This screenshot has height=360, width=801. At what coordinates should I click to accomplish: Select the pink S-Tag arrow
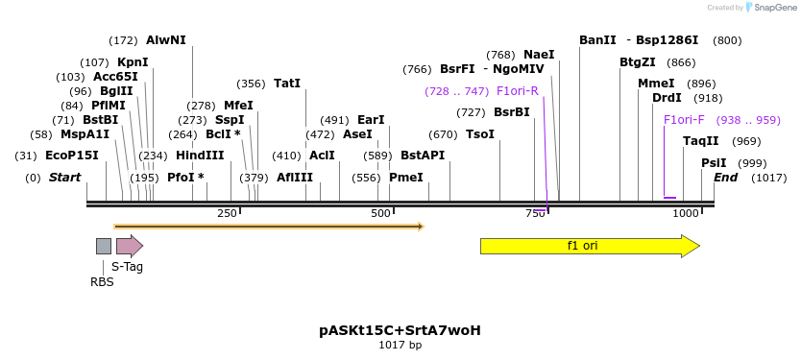(129, 246)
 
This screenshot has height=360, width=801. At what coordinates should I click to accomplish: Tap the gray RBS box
(103, 246)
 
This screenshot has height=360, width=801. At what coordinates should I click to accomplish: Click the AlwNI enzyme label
(165, 40)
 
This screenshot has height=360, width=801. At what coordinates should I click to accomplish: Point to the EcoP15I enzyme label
(71, 156)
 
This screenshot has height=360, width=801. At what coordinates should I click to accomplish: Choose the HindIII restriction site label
(200, 156)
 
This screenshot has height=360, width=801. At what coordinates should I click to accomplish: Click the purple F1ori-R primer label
(517, 91)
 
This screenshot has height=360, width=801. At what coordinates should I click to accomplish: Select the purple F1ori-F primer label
(684, 120)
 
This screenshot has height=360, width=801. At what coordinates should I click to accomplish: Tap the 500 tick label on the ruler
(381, 213)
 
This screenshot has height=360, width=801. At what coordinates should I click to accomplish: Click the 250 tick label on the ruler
(227, 213)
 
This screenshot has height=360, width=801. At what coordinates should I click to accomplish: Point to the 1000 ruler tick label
(686, 213)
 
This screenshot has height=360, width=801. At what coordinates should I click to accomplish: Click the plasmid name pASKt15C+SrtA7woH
(400, 330)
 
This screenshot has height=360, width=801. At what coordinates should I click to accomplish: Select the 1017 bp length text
(400, 345)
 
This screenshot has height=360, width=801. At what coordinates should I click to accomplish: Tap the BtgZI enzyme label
(638, 62)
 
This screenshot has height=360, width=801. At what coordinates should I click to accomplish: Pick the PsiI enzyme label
(714, 163)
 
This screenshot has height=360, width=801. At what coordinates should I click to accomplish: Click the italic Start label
(64, 178)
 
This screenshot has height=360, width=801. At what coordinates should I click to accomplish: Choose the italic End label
(725, 178)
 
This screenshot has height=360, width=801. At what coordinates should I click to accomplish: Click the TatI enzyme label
(287, 84)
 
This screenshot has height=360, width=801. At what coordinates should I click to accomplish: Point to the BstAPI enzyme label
(423, 156)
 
